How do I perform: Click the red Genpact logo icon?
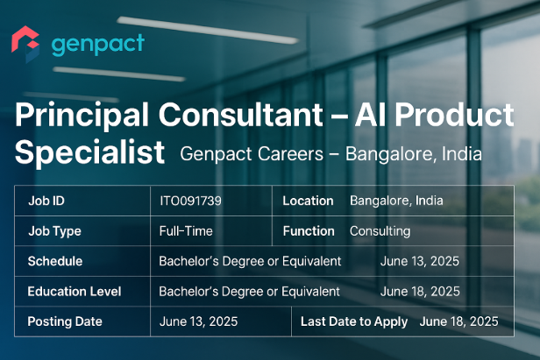pyautogui.click(x=25, y=44)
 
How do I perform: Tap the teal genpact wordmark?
pyautogui.click(x=98, y=45)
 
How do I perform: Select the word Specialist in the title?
pyautogui.click(x=89, y=152)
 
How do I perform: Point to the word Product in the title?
pyautogui.click(x=454, y=115)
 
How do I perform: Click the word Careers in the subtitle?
pyautogui.click(x=288, y=153)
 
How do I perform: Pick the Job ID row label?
pyautogui.click(x=46, y=201)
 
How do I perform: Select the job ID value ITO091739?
pyautogui.click(x=190, y=201)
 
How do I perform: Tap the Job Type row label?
pyautogui.click(x=54, y=231)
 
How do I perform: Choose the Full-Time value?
pyautogui.click(x=186, y=231)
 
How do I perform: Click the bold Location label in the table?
pyautogui.click(x=308, y=201)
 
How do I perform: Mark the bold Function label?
pyautogui.click(x=309, y=231)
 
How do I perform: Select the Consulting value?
pyautogui.click(x=380, y=231)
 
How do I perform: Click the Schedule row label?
pyautogui.click(x=55, y=261)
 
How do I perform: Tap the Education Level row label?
pyautogui.click(x=75, y=292)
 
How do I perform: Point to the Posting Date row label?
pyautogui.click(x=65, y=321)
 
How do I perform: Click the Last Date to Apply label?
pyautogui.click(x=354, y=321)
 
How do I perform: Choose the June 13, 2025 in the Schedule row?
pyautogui.click(x=419, y=261)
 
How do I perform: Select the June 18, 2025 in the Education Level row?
pyautogui.click(x=420, y=292)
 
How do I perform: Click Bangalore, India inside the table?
pyautogui.click(x=396, y=201)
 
